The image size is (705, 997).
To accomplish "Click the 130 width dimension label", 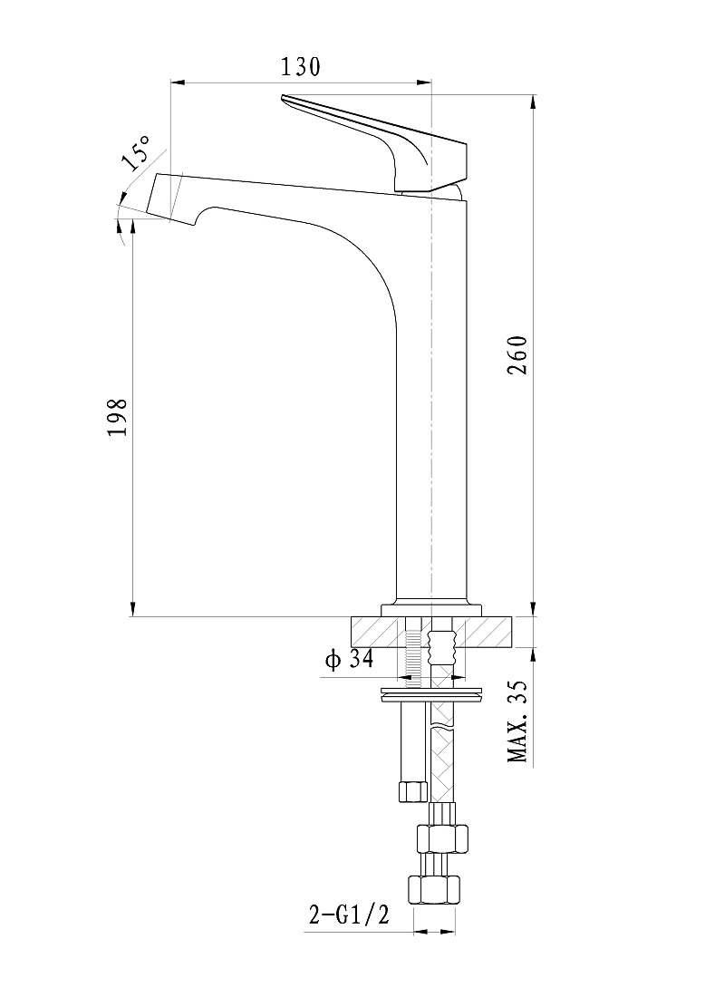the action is pyautogui.click(x=301, y=66).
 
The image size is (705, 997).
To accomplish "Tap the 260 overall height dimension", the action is pyautogui.click(x=517, y=354).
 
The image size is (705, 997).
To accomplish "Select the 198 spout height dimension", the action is pyautogui.click(x=118, y=417).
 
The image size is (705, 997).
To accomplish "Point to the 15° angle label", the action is pyautogui.click(x=135, y=152).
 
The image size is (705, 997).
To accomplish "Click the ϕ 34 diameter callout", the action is pyautogui.click(x=349, y=659).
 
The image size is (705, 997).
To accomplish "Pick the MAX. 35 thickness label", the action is pyautogui.click(x=517, y=721).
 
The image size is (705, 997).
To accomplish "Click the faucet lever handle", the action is pyautogui.click(x=374, y=143).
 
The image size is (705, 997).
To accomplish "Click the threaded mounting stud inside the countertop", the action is pyautogui.click(x=412, y=652).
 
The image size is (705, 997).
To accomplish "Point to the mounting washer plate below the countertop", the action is pyautogui.click(x=431, y=695).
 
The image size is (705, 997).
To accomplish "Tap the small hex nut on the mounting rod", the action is pyautogui.click(x=412, y=791).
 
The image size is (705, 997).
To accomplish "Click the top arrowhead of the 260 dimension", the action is pyautogui.click(x=533, y=102).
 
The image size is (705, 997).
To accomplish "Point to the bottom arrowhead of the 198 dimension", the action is pyautogui.click(x=133, y=608).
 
